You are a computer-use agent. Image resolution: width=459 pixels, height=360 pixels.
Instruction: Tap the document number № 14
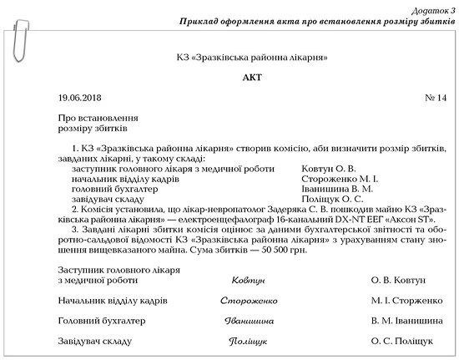(x=436, y=98)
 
